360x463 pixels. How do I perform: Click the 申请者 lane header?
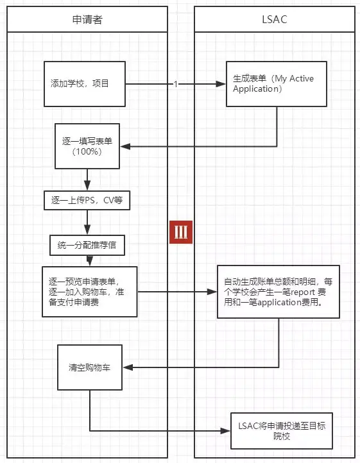[x=87, y=19]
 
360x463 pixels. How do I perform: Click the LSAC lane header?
[x=275, y=19]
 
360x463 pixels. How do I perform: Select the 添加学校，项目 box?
[x=84, y=84]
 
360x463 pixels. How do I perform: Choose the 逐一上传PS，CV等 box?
[x=87, y=201]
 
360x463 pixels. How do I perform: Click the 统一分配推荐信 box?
[x=87, y=245]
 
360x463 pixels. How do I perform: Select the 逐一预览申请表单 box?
[x=89, y=291]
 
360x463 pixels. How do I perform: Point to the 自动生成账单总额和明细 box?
[x=279, y=292]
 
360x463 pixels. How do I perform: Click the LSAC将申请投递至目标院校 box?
[x=282, y=430]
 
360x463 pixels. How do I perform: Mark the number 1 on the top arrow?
[x=175, y=84]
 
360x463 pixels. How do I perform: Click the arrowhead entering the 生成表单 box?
[x=221, y=84]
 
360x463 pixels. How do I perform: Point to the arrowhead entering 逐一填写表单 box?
[x=126, y=147]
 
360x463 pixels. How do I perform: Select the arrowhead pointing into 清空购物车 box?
[x=126, y=367]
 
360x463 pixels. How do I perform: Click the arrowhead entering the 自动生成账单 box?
[x=212, y=292]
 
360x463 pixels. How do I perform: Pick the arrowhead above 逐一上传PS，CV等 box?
[x=87, y=186]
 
